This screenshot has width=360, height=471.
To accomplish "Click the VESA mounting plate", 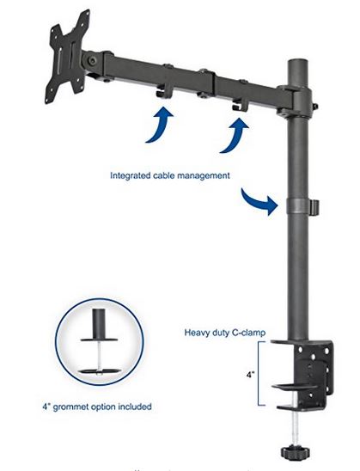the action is pos(69,56).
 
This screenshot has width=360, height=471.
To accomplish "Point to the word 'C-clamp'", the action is pos(248,333).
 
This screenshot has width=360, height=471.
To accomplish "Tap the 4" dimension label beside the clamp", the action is pos(250,375).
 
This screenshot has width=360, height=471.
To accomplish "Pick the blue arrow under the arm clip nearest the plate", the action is pos(160,125).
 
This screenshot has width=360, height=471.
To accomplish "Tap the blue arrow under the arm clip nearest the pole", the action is pos(235,135).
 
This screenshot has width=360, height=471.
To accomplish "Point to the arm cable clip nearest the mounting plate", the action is pos(164,90).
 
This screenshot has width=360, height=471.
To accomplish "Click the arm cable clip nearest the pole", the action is pos(241,104).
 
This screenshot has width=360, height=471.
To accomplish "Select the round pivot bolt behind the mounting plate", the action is pos(92,61).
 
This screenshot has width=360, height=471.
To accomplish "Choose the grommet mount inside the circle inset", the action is pos(99,342).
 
